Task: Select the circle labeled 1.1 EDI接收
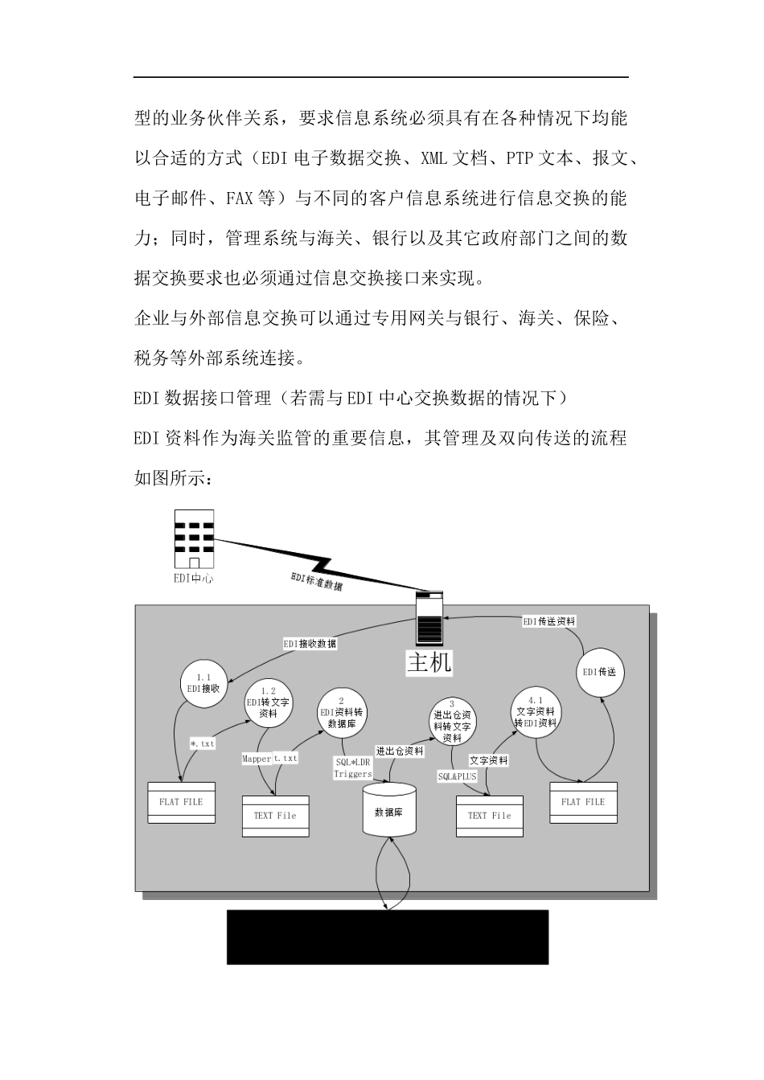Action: tap(203, 684)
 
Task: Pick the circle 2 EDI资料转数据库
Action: tap(342, 711)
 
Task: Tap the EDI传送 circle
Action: tap(600, 672)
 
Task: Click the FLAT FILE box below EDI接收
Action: tap(181, 802)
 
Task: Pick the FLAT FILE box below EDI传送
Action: tap(583, 802)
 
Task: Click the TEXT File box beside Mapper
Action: tap(275, 816)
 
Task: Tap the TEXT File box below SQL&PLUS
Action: tap(489, 816)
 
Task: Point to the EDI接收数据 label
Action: tap(310, 644)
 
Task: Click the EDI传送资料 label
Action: tap(549, 621)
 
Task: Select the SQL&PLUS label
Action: tap(457, 776)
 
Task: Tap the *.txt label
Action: tap(203, 744)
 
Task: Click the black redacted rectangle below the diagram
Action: tap(388, 936)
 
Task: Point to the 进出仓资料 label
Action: tap(400, 751)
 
